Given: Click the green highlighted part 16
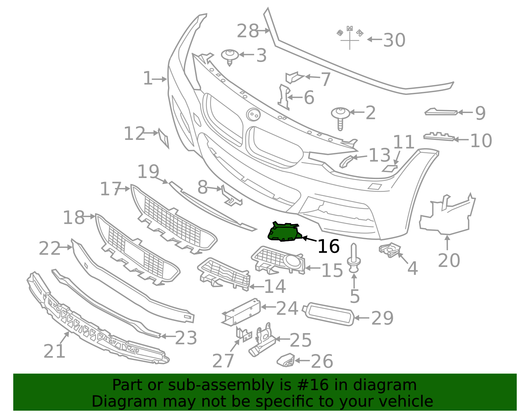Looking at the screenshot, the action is coord(284,232).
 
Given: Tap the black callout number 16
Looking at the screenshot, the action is coord(328,246).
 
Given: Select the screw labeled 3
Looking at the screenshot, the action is coord(230,57).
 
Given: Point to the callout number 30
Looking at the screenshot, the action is coord(394,40).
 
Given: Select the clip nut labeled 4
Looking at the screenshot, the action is coord(390,250).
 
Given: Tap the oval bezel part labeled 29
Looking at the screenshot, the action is coord(328,314).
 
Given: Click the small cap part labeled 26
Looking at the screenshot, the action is coord(286,360).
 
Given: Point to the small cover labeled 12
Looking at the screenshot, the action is coord(164,138).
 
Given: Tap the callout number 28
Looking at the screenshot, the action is coord(247,31).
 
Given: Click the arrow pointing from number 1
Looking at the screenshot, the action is coord(159,79).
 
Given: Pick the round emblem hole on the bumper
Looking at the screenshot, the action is coord(253,115).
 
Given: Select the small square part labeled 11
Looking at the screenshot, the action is coord(390,168).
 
